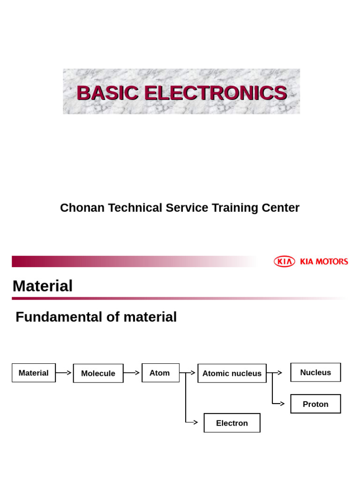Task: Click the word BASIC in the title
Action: point(107,93)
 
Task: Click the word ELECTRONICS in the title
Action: point(216,93)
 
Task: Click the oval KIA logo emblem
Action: point(284,262)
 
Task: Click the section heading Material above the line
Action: point(43,286)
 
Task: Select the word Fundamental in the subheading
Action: point(59,317)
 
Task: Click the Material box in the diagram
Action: point(33,373)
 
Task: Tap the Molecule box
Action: point(98,373)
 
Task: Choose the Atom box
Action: point(160,373)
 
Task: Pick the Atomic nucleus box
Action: point(232,373)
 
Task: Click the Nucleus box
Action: point(315,372)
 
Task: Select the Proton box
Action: point(315,404)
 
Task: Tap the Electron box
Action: point(232,423)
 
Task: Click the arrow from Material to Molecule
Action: point(64,373)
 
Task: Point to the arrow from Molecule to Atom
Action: point(132,373)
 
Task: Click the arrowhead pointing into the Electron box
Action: point(195,422)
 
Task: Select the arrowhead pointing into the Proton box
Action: point(282,403)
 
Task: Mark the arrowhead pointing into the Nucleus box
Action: point(279,373)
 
